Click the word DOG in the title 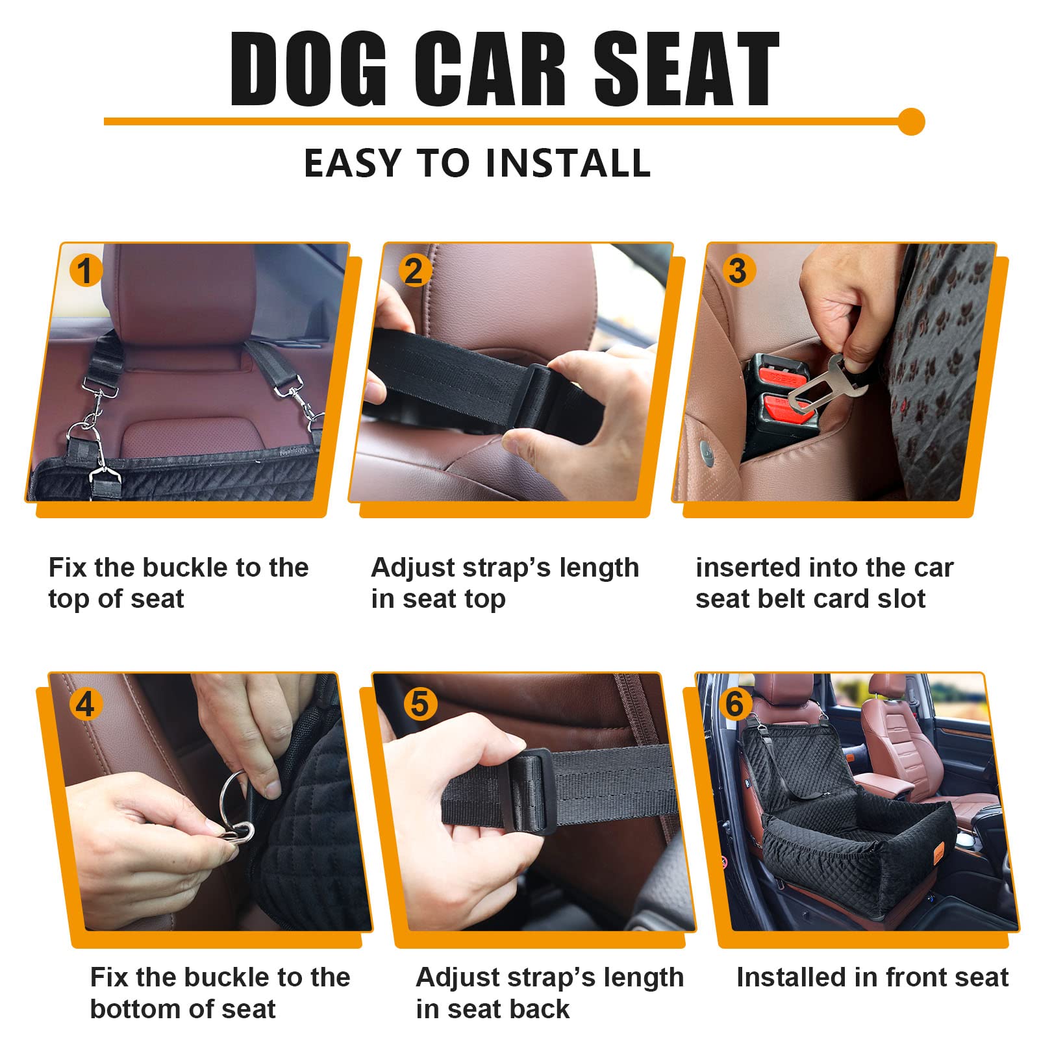tap(308, 69)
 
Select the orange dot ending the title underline tap(911, 121)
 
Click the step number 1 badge tap(86, 270)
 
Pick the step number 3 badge tap(737, 270)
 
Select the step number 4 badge tap(86, 704)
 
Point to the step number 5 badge tap(420, 704)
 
